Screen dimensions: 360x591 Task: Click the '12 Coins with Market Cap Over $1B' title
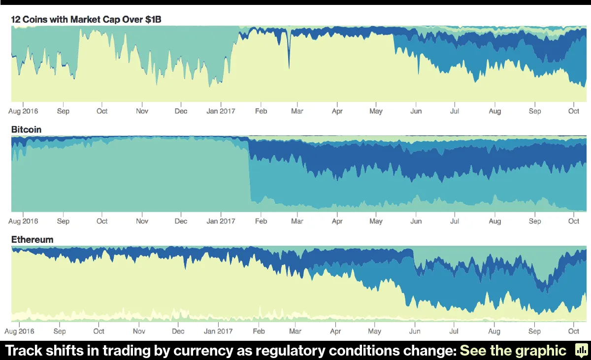point(86,20)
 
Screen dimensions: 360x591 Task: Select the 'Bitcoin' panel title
point(26,130)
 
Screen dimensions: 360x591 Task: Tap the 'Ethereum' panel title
point(32,240)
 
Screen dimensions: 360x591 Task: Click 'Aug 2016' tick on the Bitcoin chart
point(23,221)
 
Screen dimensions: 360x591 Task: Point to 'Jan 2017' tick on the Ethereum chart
point(218,331)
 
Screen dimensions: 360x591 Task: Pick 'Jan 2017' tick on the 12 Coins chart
point(221,111)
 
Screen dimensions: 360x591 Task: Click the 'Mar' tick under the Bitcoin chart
point(297,221)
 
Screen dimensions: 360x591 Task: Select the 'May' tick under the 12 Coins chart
point(376,111)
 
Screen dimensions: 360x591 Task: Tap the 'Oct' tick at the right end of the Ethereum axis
point(574,331)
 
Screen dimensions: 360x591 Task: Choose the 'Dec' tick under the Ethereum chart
point(178,331)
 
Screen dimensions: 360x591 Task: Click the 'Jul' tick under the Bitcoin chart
point(455,221)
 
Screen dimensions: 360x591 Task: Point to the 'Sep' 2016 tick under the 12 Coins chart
point(63,111)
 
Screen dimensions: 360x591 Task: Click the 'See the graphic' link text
point(513,351)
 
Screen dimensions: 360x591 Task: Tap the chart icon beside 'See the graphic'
point(580,351)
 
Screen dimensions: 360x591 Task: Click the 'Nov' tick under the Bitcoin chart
point(142,221)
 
